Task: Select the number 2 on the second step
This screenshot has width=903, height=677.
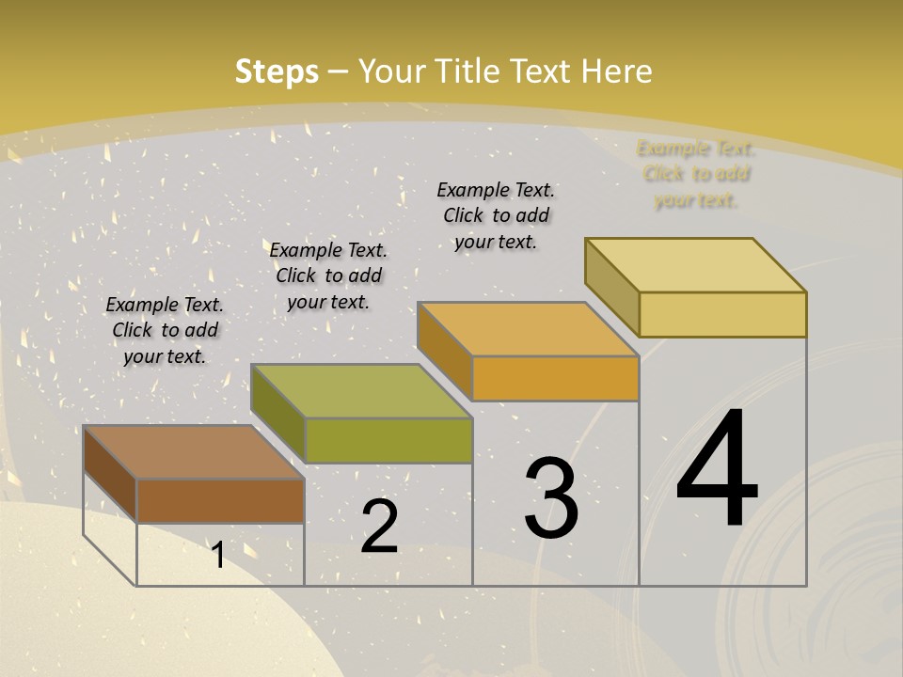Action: pyautogui.click(x=379, y=526)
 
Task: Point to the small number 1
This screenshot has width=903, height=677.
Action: pyautogui.click(x=218, y=555)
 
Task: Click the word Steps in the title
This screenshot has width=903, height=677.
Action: pyautogui.click(x=277, y=71)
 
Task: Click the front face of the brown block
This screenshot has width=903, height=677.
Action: pyautogui.click(x=220, y=500)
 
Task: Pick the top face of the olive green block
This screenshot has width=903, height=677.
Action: pyautogui.click(x=361, y=390)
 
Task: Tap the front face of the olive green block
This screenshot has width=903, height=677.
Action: pyautogui.click(x=388, y=440)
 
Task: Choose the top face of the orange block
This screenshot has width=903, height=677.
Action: pyautogui.click(x=529, y=329)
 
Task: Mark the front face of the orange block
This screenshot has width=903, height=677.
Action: pyautogui.click(x=555, y=378)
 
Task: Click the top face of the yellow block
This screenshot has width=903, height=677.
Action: pyautogui.click(x=696, y=265)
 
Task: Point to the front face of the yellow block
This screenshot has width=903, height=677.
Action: pyautogui.click(x=722, y=314)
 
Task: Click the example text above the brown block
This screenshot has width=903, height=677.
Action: pyautogui.click(x=165, y=330)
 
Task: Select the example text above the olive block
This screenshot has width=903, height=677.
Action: pyautogui.click(x=328, y=276)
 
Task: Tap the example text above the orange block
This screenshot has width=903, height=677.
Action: pyautogui.click(x=496, y=215)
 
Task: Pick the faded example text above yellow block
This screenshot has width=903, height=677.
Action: pyautogui.click(x=696, y=174)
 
